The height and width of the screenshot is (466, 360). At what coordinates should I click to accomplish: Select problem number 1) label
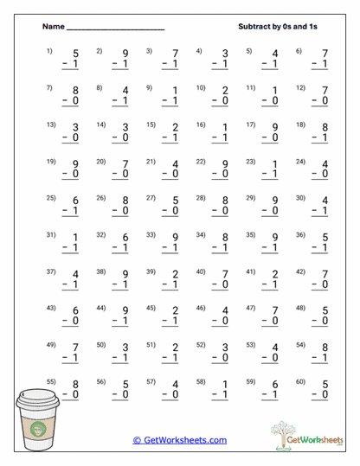click(49, 50)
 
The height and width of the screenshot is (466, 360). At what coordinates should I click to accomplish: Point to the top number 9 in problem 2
click(125, 54)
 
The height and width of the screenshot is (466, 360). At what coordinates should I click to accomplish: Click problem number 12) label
click(300, 87)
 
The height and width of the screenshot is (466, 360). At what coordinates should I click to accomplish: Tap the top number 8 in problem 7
click(74, 91)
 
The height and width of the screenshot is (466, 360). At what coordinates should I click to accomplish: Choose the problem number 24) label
click(300, 162)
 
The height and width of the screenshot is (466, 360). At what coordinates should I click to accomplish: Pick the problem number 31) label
click(50, 234)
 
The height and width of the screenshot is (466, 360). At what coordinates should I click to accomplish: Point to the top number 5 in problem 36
click(325, 238)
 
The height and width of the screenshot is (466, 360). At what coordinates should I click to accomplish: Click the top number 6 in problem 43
click(74, 312)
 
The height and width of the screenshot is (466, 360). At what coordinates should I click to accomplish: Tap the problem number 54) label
click(300, 345)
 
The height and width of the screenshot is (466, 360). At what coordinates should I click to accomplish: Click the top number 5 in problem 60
click(325, 386)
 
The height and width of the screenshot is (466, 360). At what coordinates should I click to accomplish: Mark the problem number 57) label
click(151, 382)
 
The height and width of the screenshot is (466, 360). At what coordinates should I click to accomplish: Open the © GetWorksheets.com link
click(180, 440)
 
